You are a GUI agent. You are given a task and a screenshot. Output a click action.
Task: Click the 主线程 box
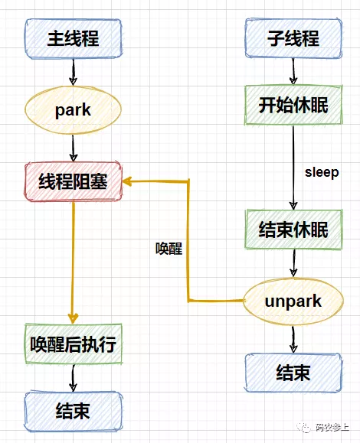click(74, 39)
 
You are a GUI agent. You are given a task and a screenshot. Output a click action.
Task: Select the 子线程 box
click(293, 38)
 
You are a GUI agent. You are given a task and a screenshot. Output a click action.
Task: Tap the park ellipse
click(73, 110)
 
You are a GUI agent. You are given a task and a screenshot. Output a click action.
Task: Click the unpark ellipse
click(293, 301)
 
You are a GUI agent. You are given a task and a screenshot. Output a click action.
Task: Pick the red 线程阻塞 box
click(74, 181)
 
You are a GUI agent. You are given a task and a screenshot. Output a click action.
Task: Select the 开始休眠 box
click(293, 105)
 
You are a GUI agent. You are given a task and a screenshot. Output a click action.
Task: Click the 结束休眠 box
click(293, 230)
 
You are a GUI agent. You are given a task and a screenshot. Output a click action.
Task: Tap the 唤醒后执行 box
click(74, 344)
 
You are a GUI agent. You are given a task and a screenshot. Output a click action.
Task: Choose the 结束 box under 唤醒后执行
click(74, 411)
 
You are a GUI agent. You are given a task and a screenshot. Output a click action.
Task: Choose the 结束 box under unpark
click(293, 373)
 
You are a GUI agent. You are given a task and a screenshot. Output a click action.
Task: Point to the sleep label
click(322, 172)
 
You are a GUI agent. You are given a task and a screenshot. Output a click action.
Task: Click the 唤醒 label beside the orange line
click(169, 249)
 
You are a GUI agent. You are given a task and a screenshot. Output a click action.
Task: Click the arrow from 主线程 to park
click(74, 72)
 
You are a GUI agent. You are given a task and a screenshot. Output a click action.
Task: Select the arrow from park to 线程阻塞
click(74, 148)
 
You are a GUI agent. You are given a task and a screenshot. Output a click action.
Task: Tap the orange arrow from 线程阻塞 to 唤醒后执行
click(74, 262)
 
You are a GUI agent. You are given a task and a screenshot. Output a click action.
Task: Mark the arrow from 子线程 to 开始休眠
click(293, 71)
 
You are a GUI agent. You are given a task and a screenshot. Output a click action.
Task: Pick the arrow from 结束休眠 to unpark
click(293, 263)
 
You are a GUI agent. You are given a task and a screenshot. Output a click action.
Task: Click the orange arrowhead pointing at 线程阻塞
click(127, 181)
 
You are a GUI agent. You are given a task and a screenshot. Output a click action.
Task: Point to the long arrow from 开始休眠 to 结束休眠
click(293, 168)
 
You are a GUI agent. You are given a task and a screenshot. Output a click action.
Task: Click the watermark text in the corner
click(323, 427)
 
